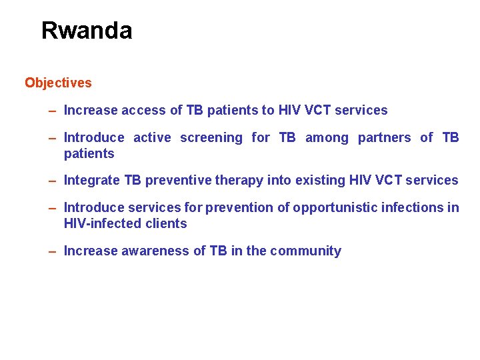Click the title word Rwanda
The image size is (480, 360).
(87, 31)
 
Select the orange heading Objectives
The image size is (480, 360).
(58, 83)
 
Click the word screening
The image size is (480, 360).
(211, 138)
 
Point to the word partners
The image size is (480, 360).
(384, 138)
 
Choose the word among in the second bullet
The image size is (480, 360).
(327, 138)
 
